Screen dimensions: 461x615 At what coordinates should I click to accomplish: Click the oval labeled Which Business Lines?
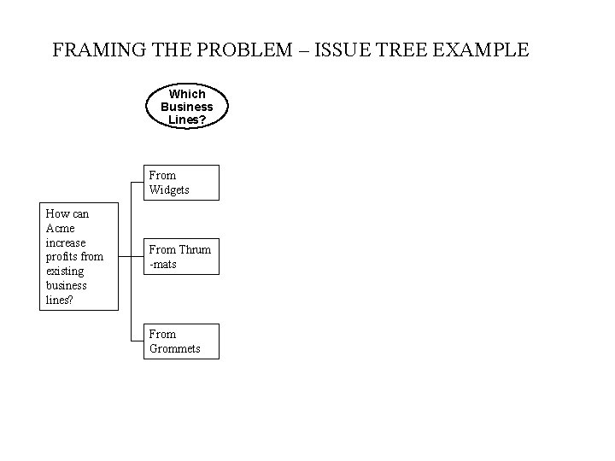[x=187, y=107]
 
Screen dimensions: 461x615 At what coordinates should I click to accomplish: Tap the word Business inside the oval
[x=187, y=107]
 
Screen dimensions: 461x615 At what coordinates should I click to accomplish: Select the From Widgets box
[x=181, y=183]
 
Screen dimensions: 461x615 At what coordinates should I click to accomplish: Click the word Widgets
[x=169, y=190]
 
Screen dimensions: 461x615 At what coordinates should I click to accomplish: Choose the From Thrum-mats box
[x=181, y=256]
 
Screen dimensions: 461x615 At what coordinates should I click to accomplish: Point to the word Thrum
[x=195, y=249]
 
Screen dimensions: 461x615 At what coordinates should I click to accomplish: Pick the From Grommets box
[x=181, y=341]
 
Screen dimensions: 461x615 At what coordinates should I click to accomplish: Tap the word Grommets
[x=175, y=348]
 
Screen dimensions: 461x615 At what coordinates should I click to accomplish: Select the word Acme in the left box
[x=61, y=228]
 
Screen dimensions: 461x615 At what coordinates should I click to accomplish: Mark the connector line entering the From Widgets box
[x=137, y=182]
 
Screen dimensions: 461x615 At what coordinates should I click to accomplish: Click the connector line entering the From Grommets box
[x=137, y=341]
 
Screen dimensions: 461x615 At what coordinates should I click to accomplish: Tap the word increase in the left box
[x=66, y=242]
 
